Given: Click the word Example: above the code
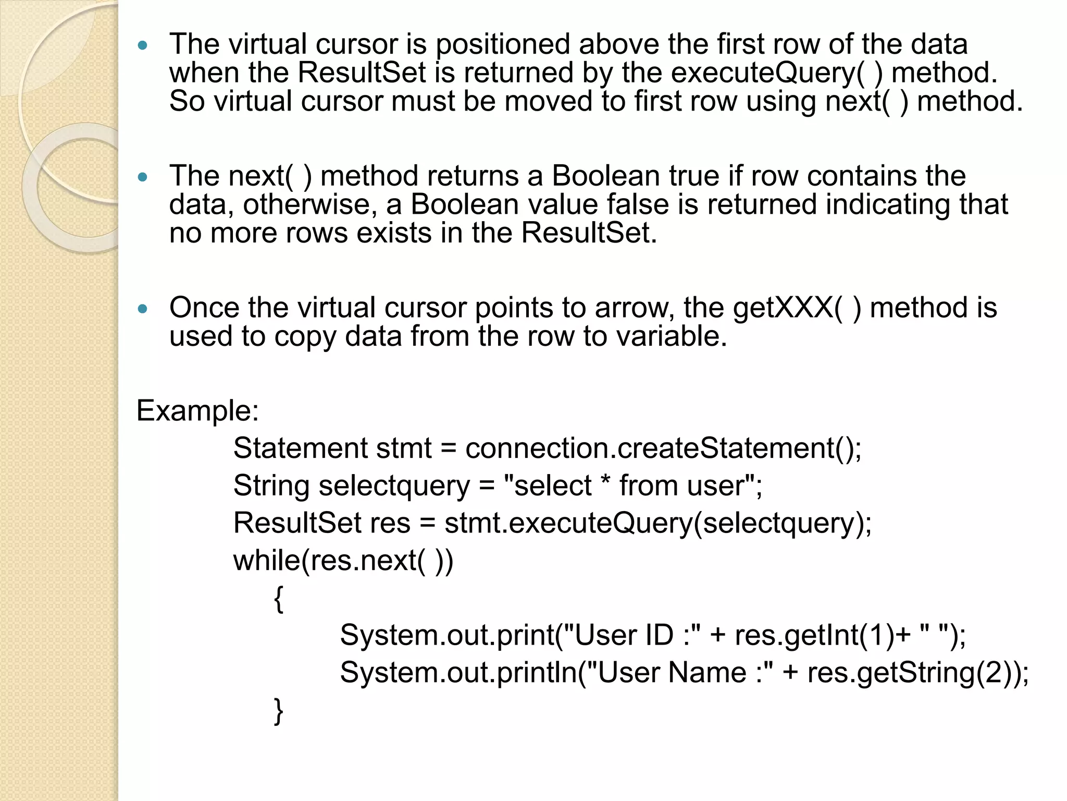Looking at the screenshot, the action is click(x=197, y=411).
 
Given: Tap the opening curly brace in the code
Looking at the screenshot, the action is click(x=279, y=599).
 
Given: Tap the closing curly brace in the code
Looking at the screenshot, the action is click(x=279, y=711).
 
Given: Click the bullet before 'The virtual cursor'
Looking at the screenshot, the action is click(x=143, y=45).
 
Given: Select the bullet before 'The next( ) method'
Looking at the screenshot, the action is click(x=143, y=177).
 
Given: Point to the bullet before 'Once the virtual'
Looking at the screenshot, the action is click(x=143, y=309).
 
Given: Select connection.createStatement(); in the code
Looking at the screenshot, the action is click(x=663, y=448).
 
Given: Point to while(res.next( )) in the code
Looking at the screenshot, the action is click(x=343, y=561).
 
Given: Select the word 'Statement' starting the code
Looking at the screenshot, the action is click(x=300, y=448).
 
